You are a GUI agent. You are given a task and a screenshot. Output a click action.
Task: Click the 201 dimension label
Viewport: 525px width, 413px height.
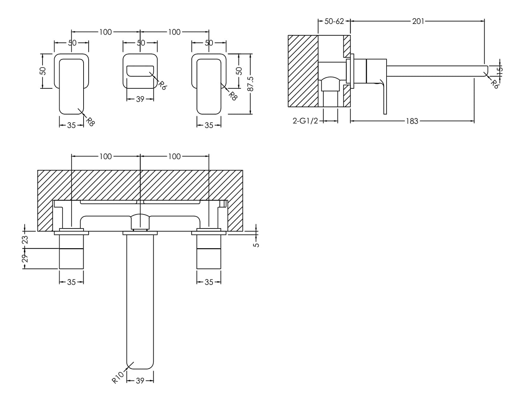tap(418, 21)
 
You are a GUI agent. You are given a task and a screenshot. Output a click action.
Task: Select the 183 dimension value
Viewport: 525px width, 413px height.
tap(412, 121)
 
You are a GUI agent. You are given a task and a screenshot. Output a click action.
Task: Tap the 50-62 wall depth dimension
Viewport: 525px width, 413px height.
tap(334, 21)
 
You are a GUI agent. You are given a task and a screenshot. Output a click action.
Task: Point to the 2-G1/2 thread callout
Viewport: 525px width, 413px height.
tap(305, 121)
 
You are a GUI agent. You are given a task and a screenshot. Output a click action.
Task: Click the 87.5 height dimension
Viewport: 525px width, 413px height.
tap(251, 84)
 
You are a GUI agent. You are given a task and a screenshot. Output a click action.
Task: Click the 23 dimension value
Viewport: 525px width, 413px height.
tap(25, 239)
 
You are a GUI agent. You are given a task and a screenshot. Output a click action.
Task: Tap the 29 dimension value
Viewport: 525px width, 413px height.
tap(25, 258)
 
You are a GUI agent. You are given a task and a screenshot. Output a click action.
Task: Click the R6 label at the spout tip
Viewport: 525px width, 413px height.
tap(494, 84)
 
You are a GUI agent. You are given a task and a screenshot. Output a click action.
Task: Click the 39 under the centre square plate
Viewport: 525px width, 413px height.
tap(140, 99)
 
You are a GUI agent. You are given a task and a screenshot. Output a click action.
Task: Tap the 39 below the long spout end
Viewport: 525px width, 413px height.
tap(140, 381)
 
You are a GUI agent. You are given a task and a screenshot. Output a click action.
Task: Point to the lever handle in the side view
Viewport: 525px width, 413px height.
tap(384, 98)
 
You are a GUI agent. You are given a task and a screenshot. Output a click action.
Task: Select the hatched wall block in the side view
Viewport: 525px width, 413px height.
tap(303, 71)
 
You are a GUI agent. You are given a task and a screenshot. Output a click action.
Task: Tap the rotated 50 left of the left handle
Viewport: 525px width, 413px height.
tap(43, 71)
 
